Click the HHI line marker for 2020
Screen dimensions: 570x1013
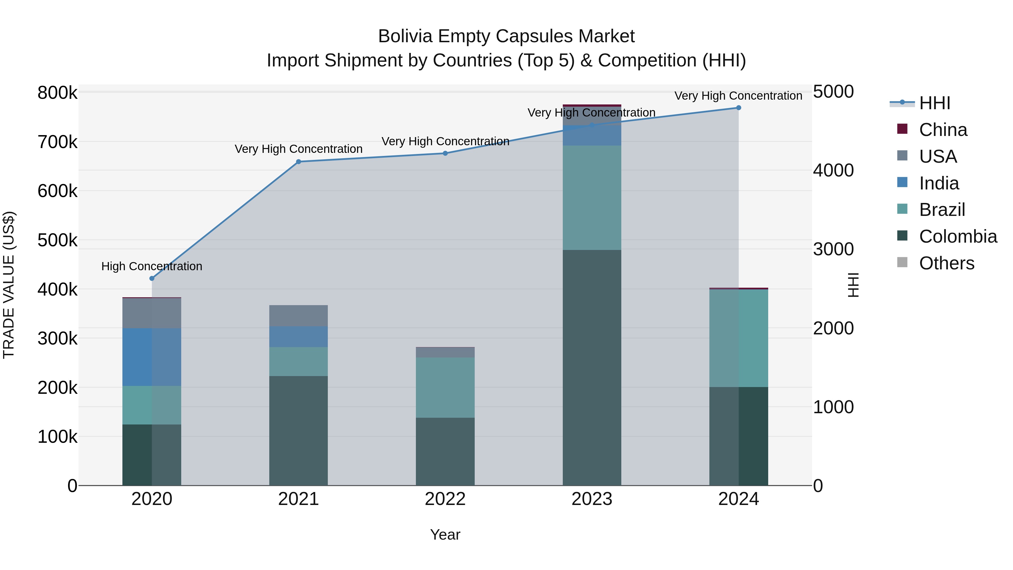pyautogui.click(x=152, y=278)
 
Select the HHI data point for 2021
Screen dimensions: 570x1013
pyautogui.click(x=299, y=162)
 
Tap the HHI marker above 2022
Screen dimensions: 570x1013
pyautogui.click(x=445, y=153)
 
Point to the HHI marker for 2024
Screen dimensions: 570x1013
pyautogui.click(x=739, y=108)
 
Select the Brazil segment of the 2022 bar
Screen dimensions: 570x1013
pyautogui.click(x=445, y=388)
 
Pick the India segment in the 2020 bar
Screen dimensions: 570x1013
pyautogui.click(x=152, y=357)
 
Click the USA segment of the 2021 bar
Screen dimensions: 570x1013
pyautogui.click(x=299, y=316)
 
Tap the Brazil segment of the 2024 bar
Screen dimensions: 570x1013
pyautogui.click(x=739, y=338)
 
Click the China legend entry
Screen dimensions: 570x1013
pyautogui.click(x=943, y=130)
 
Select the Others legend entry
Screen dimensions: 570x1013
pyautogui.click(x=946, y=263)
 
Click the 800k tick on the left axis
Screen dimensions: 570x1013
pyautogui.click(x=57, y=93)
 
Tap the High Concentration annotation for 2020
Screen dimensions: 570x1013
pyautogui.click(x=152, y=266)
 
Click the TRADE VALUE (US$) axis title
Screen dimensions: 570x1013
pyautogui.click(x=9, y=285)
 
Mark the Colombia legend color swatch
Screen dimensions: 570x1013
pyautogui.click(x=902, y=236)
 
